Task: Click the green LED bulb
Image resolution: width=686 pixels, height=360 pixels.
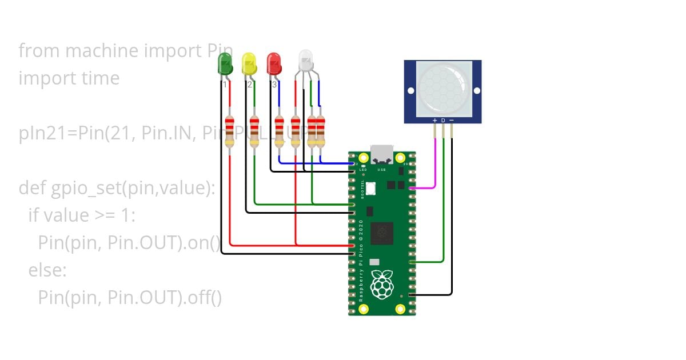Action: (225, 63)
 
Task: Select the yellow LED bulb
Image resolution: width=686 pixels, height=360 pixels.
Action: (249, 63)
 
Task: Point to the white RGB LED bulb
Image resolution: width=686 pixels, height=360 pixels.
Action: (306, 59)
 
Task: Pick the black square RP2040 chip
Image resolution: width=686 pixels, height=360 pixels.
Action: (381, 234)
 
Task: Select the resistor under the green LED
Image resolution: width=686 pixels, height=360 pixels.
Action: (230, 131)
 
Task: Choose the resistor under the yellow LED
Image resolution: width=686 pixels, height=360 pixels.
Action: (254, 131)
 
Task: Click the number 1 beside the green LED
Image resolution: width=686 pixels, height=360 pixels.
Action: (225, 85)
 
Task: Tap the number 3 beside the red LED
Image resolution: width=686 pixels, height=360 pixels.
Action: (274, 85)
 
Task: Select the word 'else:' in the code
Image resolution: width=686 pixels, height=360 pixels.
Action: (47, 270)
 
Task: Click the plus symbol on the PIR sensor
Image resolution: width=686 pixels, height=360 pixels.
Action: (434, 121)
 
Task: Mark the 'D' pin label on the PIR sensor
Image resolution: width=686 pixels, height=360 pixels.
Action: (443, 121)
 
